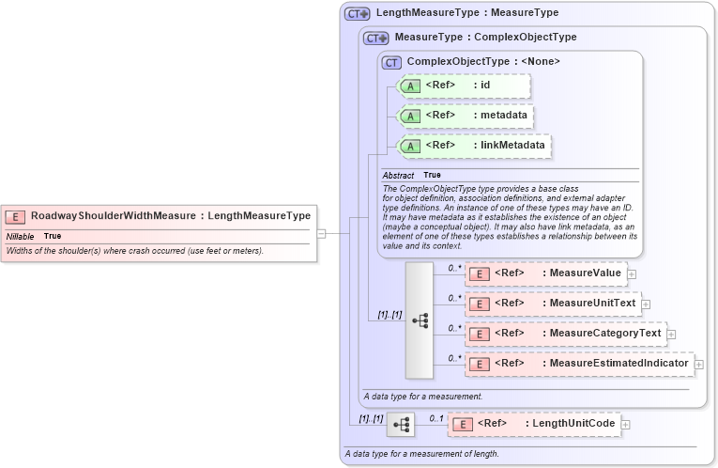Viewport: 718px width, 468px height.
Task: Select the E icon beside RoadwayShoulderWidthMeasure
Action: coord(16,216)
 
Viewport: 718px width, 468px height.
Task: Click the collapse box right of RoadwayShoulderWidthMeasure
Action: coord(321,233)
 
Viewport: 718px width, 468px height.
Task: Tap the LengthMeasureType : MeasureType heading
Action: coord(466,13)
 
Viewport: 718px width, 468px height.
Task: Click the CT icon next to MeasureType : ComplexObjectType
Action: coord(376,38)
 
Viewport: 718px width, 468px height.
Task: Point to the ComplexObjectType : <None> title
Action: coord(482,61)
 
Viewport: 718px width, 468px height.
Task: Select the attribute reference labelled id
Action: coord(465,86)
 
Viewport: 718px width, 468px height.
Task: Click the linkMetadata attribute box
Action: coord(475,146)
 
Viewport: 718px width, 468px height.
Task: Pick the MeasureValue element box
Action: coord(544,273)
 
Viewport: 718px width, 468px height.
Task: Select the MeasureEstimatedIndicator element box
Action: coord(578,363)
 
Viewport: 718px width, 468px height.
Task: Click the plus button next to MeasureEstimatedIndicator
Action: coord(698,364)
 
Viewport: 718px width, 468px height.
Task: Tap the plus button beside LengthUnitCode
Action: coord(626,425)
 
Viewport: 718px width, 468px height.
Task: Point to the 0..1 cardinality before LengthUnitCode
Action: coord(435,417)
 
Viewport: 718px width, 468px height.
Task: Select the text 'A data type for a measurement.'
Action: coord(422,397)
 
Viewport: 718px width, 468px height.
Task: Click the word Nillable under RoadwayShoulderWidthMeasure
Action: coord(21,236)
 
